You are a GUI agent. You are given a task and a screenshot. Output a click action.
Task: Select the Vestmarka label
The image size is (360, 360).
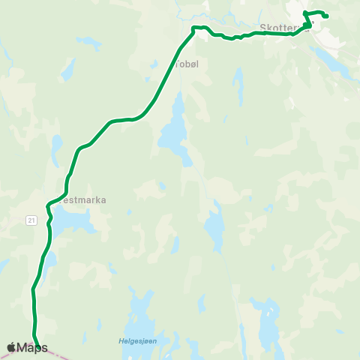83,200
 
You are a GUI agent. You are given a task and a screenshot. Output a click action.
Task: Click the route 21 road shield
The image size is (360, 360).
30,219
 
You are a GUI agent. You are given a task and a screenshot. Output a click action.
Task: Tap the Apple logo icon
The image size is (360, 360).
11,347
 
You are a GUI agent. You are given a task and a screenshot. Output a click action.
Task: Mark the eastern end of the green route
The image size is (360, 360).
327,16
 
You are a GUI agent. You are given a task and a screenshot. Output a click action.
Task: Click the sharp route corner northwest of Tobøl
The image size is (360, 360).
193,29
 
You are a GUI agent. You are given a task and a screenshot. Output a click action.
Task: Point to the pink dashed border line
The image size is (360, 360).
56,355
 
